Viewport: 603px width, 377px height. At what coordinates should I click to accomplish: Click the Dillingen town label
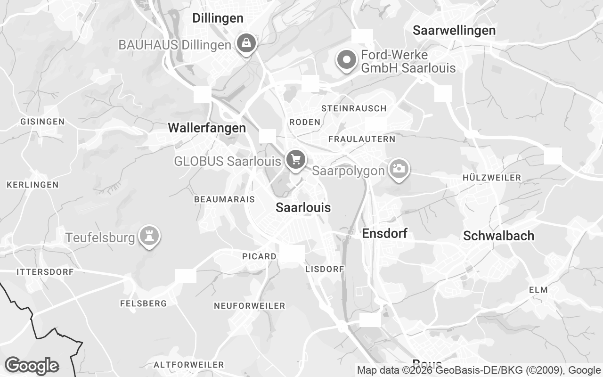tap(218, 18)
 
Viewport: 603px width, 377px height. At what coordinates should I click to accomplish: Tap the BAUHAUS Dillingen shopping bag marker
tap(246, 44)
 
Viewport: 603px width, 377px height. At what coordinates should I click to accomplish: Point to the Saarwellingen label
tap(454, 31)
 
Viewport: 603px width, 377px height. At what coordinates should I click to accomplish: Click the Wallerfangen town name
tap(207, 128)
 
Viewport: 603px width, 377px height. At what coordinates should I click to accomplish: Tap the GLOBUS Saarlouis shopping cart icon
tap(295, 159)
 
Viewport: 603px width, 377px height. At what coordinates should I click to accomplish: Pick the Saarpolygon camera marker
tap(399, 168)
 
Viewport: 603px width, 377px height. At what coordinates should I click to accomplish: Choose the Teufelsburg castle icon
tap(150, 236)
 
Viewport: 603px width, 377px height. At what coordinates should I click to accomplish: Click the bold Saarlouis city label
tap(303, 207)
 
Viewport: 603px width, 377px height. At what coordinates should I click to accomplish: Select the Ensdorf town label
tap(384, 233)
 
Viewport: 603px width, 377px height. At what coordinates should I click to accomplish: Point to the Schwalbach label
tap(498, 236)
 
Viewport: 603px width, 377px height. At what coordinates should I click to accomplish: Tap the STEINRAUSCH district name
tap(354, 108)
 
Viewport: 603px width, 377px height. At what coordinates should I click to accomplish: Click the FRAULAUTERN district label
tap(362, 139)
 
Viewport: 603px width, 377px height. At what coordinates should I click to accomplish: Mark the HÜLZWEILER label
tap(492, 178)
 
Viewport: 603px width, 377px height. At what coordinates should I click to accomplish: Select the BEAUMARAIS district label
tap(224, 199)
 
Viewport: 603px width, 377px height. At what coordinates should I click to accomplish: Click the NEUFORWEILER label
tap(250, 306)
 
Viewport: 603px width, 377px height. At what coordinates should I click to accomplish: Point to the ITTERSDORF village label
tap(45, 272)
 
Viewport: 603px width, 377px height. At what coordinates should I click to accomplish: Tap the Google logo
tap(31, 366)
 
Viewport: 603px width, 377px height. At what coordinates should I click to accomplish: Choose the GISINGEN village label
tap(42, 122)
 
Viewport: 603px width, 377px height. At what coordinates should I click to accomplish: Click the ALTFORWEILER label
tap(189, 365)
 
